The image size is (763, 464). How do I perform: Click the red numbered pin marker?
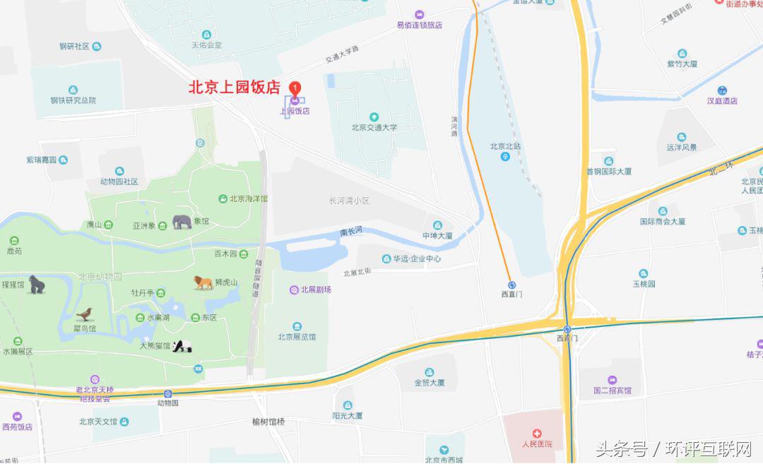296,88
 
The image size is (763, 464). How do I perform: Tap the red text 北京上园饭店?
234,88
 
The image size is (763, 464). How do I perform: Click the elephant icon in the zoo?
182,222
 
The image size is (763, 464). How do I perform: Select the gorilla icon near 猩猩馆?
37,285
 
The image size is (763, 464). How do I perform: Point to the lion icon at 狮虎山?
203,282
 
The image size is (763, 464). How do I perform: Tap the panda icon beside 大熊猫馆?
183,346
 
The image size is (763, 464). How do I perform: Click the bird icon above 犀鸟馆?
86,314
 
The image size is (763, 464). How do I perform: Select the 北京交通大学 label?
374,128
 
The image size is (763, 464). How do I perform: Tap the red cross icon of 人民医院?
537,432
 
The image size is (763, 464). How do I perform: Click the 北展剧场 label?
316,290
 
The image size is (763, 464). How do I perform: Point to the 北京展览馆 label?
297,336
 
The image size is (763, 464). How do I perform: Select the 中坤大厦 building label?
437,235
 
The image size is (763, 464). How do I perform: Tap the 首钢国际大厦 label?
608,171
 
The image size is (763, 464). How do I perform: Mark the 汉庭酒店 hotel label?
722,100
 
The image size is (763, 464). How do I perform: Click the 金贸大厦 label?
430,383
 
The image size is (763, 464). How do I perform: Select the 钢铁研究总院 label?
73,100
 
